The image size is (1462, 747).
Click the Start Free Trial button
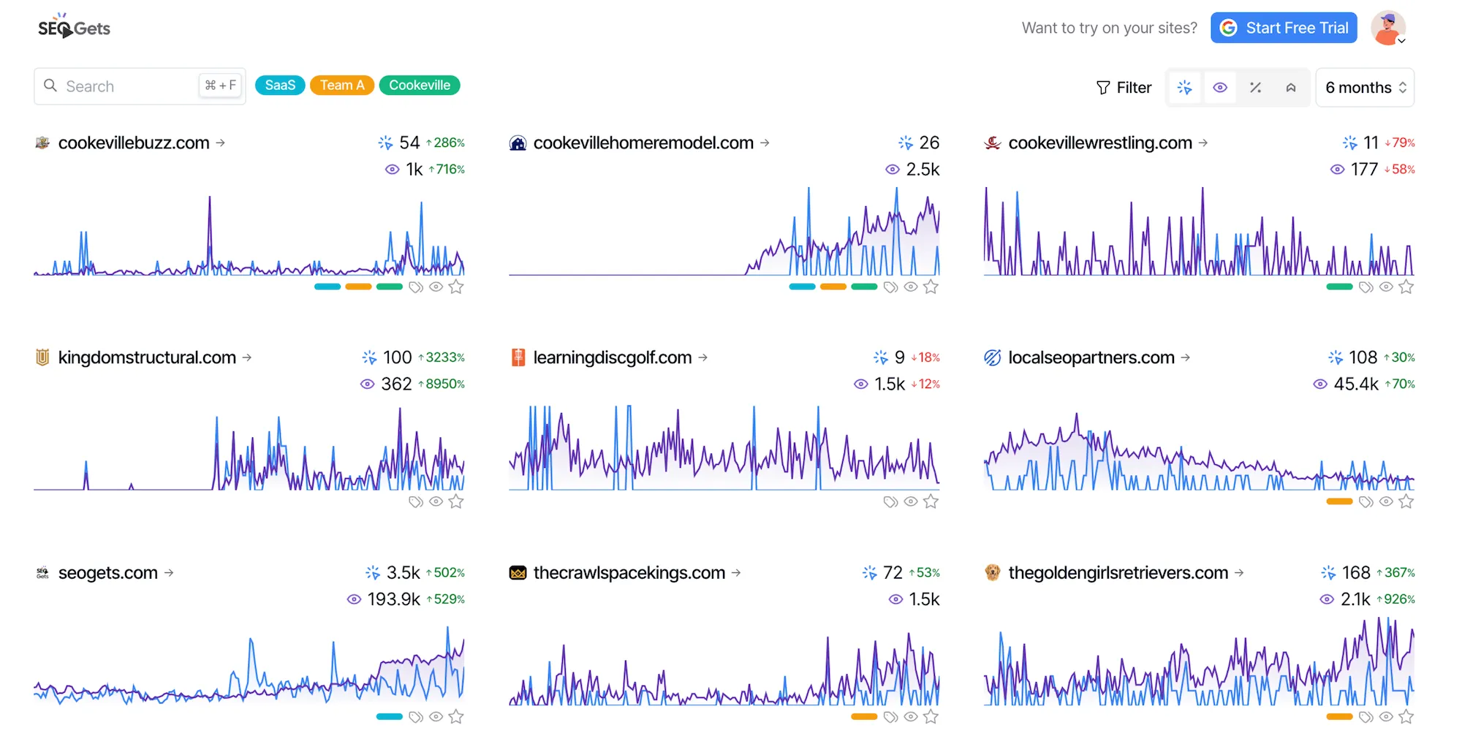click(x=1284, y=28)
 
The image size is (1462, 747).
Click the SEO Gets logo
click(x=74, y=28)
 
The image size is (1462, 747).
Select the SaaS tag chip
click(x=280, y=86)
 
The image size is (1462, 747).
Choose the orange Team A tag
click(x=342, y=86)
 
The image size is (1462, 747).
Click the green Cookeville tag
click(x=420, y=86)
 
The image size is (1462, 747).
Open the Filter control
click(x=1124, y=88)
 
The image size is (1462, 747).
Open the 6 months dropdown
click(x=1365, y=88)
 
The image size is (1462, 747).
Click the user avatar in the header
click(x=1387, y=28)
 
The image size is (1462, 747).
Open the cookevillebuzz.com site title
click(x=134, y=143)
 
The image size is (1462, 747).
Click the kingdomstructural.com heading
click(x=147, y=357)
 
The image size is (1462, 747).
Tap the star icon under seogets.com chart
click(x=456, y=717)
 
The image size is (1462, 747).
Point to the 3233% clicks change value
click(x=444, y=357)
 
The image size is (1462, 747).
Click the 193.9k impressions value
click(x=393, y=599)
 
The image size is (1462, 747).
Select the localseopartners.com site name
click(x=1091, y=357)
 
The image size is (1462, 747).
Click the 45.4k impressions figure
click(x=1356, y=384)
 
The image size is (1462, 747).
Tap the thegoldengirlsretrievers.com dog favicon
click(x=992, y=572)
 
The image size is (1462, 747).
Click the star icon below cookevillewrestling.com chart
click(x=1406, y=287)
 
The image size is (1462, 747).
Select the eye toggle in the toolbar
click(x=1220, y=88)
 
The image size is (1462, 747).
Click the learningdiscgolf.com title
click(x=612, y=357)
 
